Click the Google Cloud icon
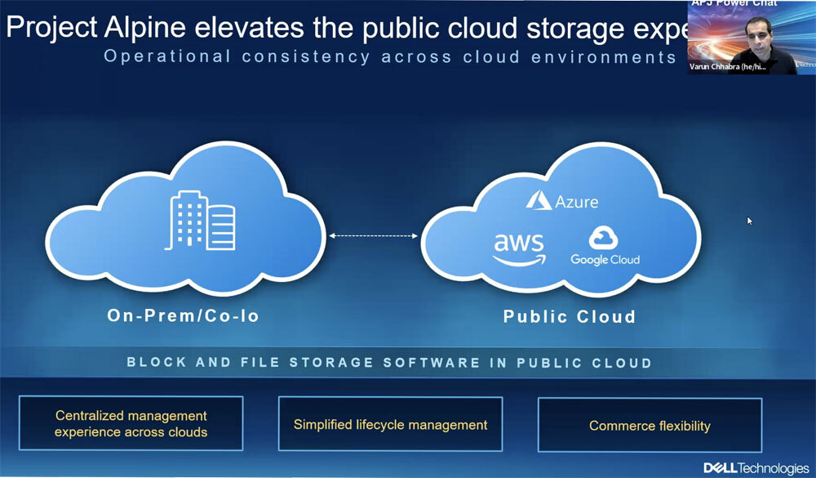(605, 238)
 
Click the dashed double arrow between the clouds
(373, 236)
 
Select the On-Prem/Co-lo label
(183, 315)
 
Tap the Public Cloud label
(569, 315)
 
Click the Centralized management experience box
(131, 423)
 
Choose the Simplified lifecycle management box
(390, 424)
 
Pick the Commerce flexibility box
(650, 426)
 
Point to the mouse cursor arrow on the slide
(750, 221)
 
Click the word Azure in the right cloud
(577, 201)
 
